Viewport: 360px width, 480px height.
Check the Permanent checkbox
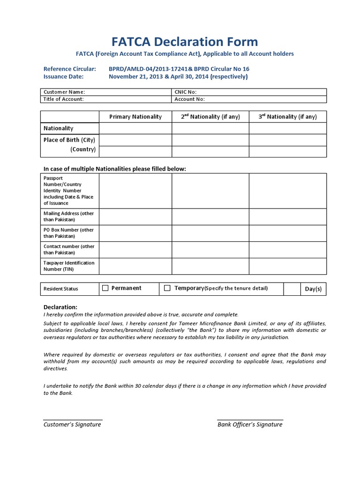[x=105, y=288]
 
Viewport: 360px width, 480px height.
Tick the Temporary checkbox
[x=167, y=288]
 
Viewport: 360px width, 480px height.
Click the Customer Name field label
[x=64, y=92]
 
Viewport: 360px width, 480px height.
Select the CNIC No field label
[x=186, y=92]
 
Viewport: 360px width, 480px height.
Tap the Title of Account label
[x=64, y=99]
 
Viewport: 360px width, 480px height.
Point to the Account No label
[x=189, y=99]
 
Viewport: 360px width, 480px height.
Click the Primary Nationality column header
[x=135, y=117]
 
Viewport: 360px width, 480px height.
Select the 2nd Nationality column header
[x=210, y=117]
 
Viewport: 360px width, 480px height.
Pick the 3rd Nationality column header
[x=288, y=117]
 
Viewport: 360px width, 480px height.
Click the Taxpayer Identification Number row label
[x=69, y=266]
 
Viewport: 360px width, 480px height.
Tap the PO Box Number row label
[x=68, y=233]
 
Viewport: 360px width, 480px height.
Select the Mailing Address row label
[x=68, y=217]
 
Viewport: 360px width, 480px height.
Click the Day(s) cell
[x=313, y=289]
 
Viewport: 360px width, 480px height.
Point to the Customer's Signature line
[x=73, y=420]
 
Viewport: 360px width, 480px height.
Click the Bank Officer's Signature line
[x=250, y=420]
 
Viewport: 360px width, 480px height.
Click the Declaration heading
[x=60, y=307]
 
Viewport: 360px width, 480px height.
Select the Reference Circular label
[x=69, y=69]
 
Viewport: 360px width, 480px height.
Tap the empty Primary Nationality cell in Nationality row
[x=135, y=128]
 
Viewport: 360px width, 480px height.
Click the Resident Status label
[x=60, y=289]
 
